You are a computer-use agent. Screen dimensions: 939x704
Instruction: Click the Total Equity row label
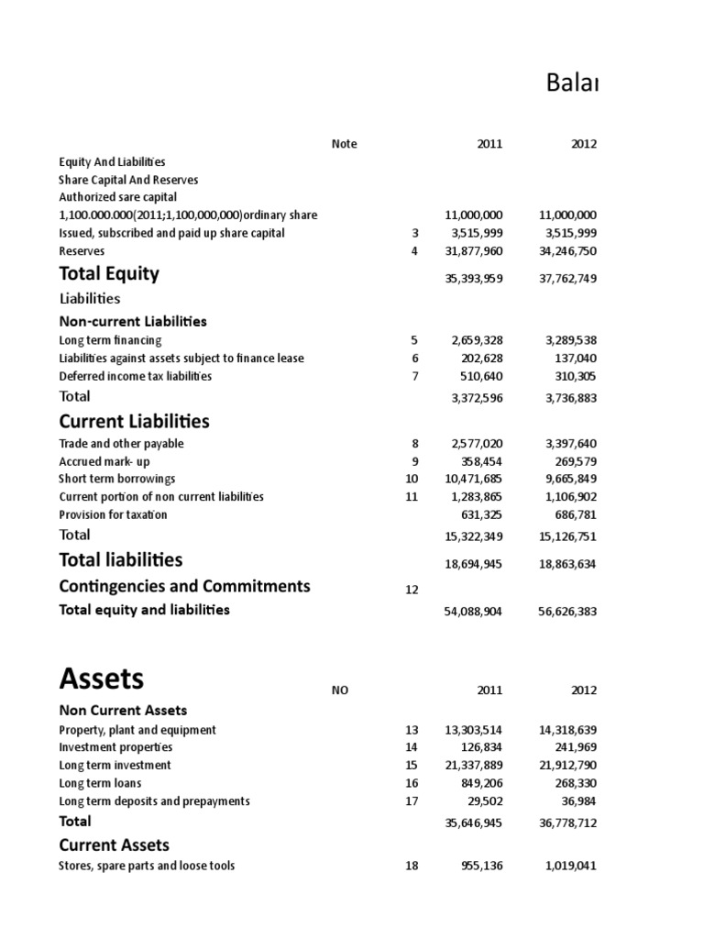tap(109, 273)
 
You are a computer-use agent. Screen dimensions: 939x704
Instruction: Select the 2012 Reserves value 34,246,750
tap(567, 251)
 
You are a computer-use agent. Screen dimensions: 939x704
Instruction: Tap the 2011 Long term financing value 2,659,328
tap(473, 340)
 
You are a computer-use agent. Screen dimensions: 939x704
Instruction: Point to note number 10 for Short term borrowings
tap(412, 479)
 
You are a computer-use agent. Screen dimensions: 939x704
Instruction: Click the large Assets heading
tap(102, 679)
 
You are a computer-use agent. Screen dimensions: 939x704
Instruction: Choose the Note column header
tap(344, 144)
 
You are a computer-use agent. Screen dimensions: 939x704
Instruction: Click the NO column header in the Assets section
tap(340, 690)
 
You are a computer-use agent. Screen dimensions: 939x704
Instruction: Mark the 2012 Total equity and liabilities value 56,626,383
tap(567, 611)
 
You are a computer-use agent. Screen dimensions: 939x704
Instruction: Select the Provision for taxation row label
tap(113, 514)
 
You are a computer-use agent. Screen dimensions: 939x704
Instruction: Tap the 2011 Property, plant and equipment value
tap(473, 730)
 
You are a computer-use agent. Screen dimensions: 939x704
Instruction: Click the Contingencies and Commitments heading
tap(184, 586)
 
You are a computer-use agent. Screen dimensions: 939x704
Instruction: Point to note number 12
tap(412, 590)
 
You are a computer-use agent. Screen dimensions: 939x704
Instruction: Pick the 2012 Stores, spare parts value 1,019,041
tap(570, 865)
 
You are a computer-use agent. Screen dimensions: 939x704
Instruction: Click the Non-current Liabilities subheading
tap(133, 321)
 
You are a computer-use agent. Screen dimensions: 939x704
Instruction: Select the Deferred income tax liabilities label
tap(135, 376)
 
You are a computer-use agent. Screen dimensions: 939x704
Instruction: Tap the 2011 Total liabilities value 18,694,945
tap(473, 564)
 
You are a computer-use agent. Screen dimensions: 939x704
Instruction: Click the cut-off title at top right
tap(572, 84)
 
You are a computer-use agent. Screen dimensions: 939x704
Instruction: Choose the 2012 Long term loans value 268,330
tap(574, 783)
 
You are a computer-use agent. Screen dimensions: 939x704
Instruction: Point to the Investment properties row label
tap(115, 747)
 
